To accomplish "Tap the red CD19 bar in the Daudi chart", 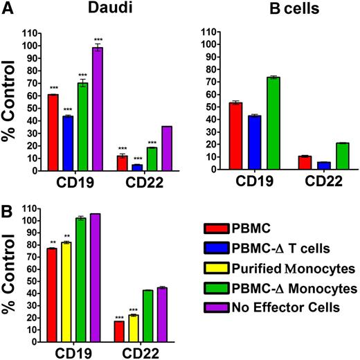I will (53, 132).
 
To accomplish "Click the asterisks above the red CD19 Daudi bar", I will (53, 87).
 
